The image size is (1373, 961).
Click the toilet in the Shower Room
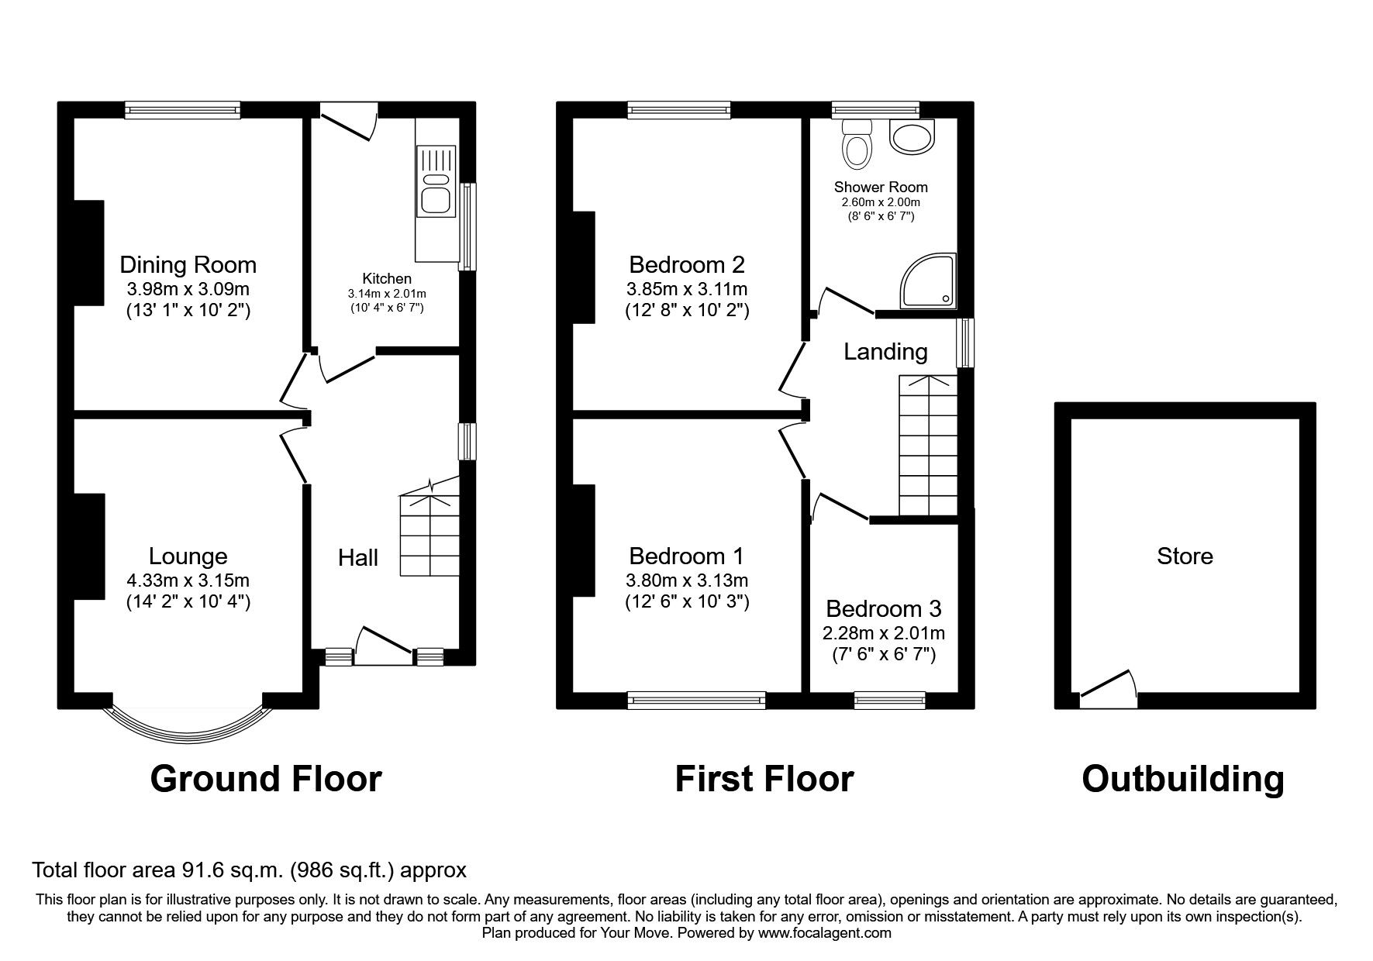pos(856,146)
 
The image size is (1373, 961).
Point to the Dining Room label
pos(188,265)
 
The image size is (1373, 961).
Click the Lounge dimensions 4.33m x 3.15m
pos(188,580)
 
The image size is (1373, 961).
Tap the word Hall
pos(357,557)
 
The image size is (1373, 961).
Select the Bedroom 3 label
pos(883,608)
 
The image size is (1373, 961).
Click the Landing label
pos(885,352)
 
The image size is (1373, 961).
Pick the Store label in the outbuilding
pos(1184,556)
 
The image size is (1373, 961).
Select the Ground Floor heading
pos(265,779)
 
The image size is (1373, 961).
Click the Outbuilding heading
pos(1182,779)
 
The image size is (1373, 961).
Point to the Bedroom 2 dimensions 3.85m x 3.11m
pos(686,289)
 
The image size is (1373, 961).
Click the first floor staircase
pos(927,446)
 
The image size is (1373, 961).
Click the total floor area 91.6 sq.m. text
pos(249,870)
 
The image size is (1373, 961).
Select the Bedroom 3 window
pos(889,700)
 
